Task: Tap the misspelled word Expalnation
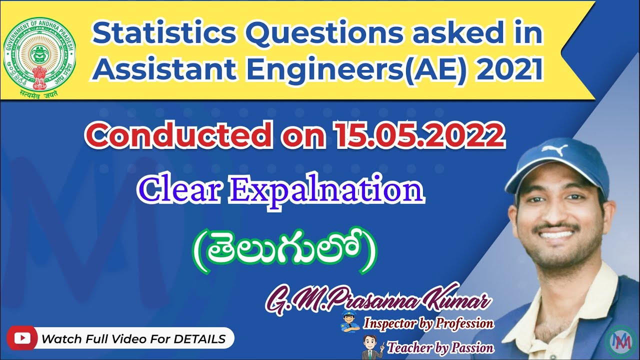click(x=325, y=191)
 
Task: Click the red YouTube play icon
click(x=21, y=338)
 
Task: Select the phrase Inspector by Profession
click(x=428, y=323)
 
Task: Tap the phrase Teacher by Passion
click(x=440, y=347)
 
